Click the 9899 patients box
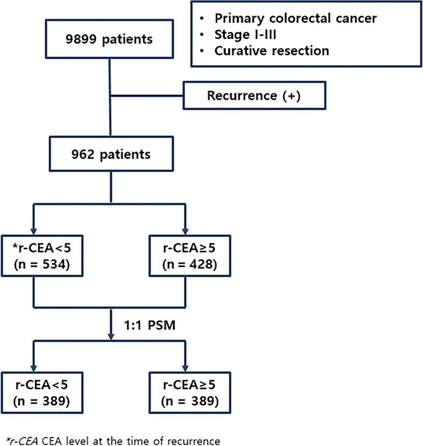click(x=109, y=39)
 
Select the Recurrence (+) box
click(x=255, y=95)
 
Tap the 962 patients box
click(x=111, y=154)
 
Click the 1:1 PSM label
click(x=149, y=325)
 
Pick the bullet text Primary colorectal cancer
click(x=296, y=19)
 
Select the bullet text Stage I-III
click(x=245, y=35)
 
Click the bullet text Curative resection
click(x=272, y=51)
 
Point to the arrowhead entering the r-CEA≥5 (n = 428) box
click(x=185, y=231)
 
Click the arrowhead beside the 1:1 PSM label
click(x=111, y=336)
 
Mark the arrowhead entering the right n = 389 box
click(x=185, y=368)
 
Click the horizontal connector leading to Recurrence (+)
click(x=147, y=96)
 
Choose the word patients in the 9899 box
click(x=127, y=40)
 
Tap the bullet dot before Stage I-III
click(x=202, y=35)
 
